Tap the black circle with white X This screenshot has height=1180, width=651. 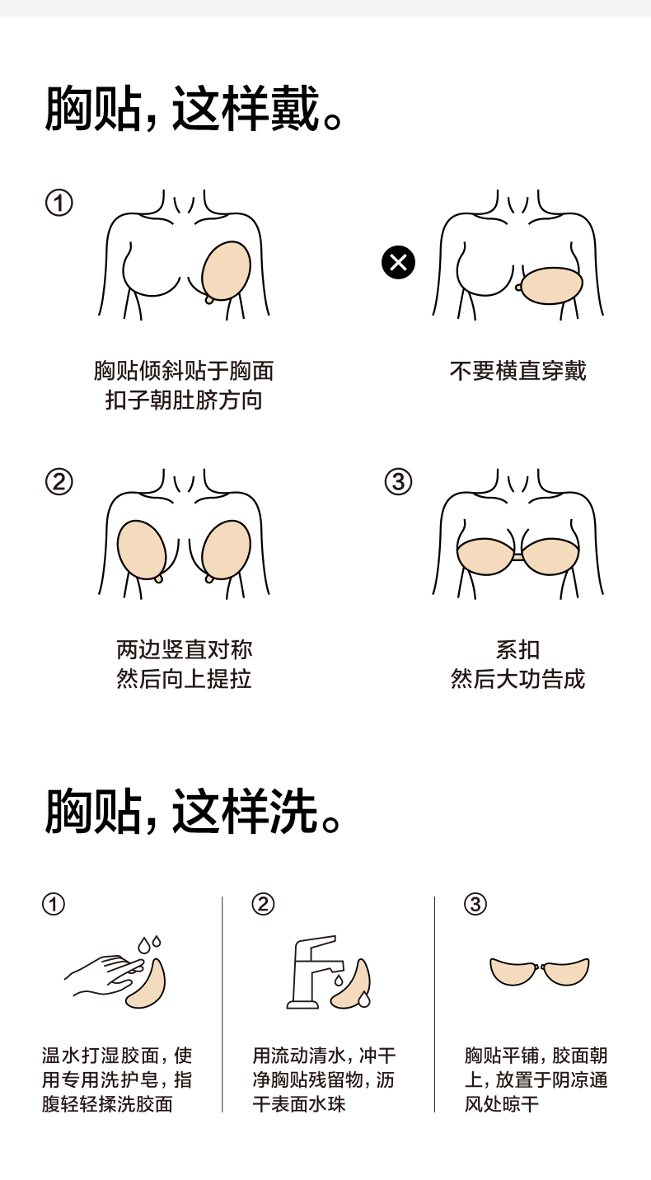pyautogui.click(x=398, y=263)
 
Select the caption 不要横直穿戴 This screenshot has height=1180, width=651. pyautogui.click(x=518, y=371)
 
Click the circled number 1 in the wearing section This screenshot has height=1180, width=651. pyautogui.click(x=59, y=203)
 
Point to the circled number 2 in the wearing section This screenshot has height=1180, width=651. pyautogui.click(x=59, y=482)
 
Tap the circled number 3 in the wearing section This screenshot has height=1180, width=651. pyautogui.click(x=398, y=482)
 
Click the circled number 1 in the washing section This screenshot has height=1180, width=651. pyautogui.click(x=53, y=904)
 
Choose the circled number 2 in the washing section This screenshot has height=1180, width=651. pyautogui.click(x=263, y=904)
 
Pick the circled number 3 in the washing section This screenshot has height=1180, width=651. pyautogui.click(x=475, y=904)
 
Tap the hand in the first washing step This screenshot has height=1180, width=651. pyautogui.click(x=103, y=974)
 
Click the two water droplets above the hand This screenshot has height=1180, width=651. pyautogui.click(x=148, y=944)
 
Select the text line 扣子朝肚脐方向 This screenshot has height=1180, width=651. pyautogui.click(x=183, y=401)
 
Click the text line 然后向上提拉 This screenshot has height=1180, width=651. pyautogui.click(x=183, y=680)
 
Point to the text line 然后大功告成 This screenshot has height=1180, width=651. pyautogui.click(x=518, y=680)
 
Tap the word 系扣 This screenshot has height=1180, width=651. pyautogui.click(x=518, y=650)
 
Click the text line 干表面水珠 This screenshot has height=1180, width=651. pyautogui.click(x=299, y=1104)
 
